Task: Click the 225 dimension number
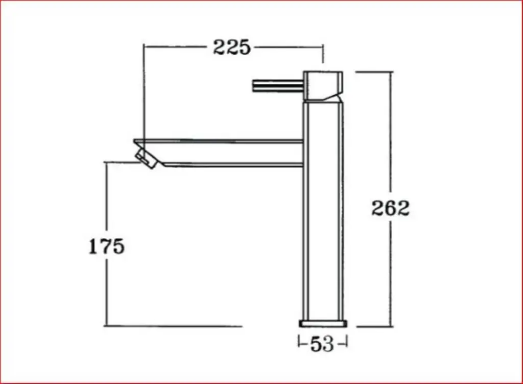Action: [232, 47]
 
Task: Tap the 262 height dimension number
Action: [390, 208]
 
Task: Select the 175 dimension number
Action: [107, 246]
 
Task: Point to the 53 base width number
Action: [322, 344]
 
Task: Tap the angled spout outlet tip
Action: [146, 157]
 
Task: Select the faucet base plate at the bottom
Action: [322, 324]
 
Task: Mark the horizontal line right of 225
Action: [289, 47]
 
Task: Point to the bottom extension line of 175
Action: [174, 326]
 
